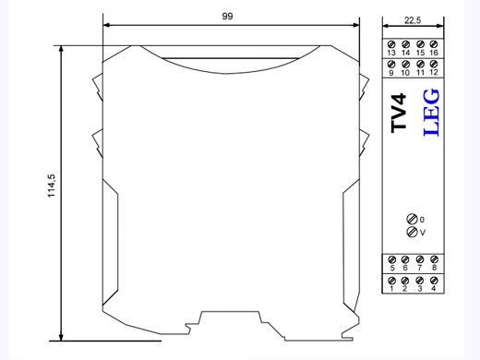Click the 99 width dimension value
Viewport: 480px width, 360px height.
click(x=227, y=16)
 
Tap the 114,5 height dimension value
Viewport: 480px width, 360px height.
click(x=52, y=186)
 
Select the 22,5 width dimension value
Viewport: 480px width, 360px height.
click(x=413, y=20)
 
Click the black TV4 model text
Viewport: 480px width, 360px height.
click(x=399, y=114)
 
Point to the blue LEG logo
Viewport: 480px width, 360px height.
click(x=431, y=113)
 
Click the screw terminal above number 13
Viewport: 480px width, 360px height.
click(x=391, y=44)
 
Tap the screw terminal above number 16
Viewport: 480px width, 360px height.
click(x=434, y=44)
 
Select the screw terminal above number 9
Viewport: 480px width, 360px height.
click(x=391, y=64)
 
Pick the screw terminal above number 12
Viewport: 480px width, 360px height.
click(x=434, y=64)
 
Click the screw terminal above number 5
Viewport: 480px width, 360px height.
click(x=392, y=259)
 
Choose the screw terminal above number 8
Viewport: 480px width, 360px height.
click(x=434, y=259)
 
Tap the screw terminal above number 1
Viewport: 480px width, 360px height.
click(x=392, y=281)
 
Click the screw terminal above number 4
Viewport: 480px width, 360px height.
click(x=434, y=281)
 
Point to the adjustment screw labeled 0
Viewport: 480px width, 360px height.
click(x=412, y=219)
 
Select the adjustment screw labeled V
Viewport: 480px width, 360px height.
click(x=412, y=232)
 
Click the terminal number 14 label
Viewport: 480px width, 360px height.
click(x=406, y=53)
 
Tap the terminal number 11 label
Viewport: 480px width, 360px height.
click(x=420, y=73)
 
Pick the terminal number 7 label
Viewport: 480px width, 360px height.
click(x=420, y=268)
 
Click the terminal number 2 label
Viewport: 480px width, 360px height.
click(x=405, y=289)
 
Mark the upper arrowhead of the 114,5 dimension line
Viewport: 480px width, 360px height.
click(x=61, y=50)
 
